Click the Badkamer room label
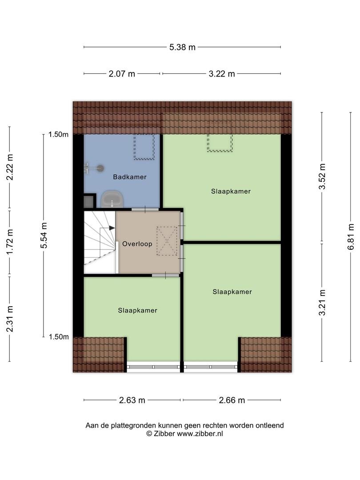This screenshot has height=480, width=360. pyautogui.click(x=130, y=177)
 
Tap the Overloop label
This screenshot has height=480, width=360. pyautogui.click(x=137, y=244)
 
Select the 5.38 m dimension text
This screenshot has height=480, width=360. pyautogui.click(x=183, y=47)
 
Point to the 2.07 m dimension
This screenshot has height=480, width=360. pyautogui.click(x=122, y=74)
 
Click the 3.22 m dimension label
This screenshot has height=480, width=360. pyautogui.click(x=222, y=74)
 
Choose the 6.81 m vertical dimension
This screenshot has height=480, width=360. pyautogui.click(x=351, y=236)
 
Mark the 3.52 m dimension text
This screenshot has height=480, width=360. pyautogui.click(x=322, y=176)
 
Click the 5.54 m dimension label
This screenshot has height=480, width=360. pyautogui.click(x=44, y=236)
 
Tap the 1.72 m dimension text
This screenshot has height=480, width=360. pyautogui.click(x=10, y=241)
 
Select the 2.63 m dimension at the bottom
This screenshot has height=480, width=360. pyautogui.click(x=132, y=400)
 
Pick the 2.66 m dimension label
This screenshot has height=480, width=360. pyautogui.click(x=232, y=400)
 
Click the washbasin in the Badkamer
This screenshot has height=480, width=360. pyautogui.click(x=112, y=199)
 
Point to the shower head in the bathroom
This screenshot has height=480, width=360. pyautogui.click(x=100, y=168)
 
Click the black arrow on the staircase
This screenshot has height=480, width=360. pyautogui.click(x=112, y=228)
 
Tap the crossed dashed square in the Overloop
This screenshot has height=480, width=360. pyautogui.click(x=167, y=241)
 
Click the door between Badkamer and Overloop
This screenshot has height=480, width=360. pyautogui.click(x=145, y=209)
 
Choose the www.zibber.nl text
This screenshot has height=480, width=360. pyautogui.click(x=200, y=433)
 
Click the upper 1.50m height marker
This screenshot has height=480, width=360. pyautogui.click(x=58, y=134)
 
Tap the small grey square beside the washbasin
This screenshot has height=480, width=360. pyautogui.click(x=89, y=201)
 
